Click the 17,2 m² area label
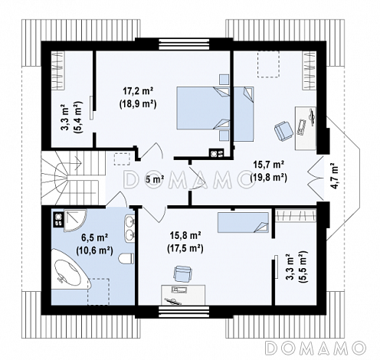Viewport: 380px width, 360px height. pyautogui.click(x=138, y=91)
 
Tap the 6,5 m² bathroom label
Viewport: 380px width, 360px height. pyautogui.click(x=94, y=237)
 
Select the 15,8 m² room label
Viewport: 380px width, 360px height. pyautogui.click(x=185, y=235)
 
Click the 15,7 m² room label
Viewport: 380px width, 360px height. pyautogui.click(x=268, y=164)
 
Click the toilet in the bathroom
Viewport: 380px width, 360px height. pyautogui.click(x=126, y=258)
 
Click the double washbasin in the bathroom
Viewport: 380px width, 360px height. pyautogui.click(x=129, y=227)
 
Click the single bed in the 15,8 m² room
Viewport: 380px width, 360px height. pyautogui.click(x=243, y=222)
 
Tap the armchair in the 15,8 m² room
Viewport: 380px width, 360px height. pyautogui.click(x=182, y=273)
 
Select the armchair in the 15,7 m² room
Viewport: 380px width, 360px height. pyautogui.click(x=283, y=131)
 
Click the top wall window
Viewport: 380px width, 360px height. pyautogui.click(x=184, y=44)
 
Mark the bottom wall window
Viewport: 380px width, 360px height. pyautogui.click(x=184, y=312)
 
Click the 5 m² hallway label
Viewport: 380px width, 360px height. pyautogui.click(x=155, y=179)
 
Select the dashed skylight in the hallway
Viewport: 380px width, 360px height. pyautogui.click(x=122, y=159)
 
